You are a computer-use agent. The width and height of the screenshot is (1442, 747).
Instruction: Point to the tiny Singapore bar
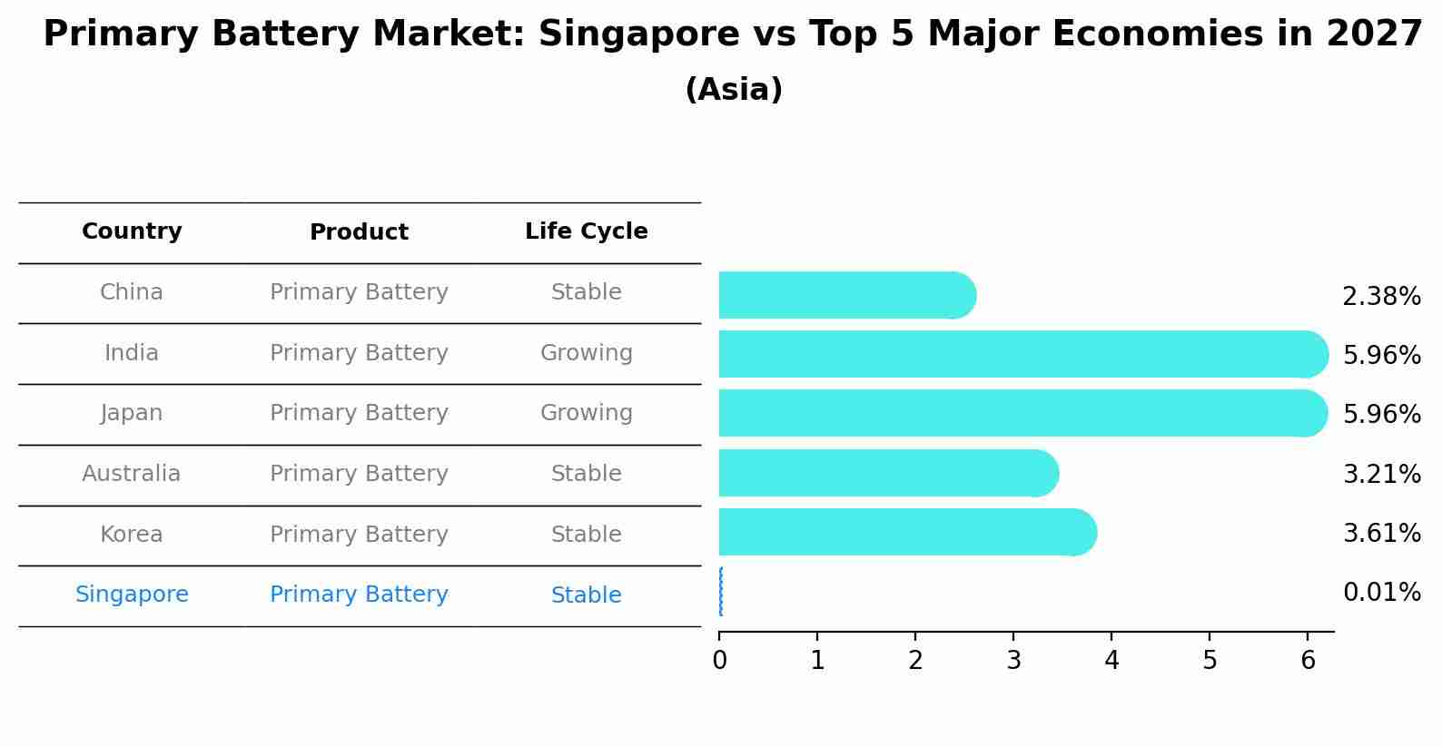coord(721,592)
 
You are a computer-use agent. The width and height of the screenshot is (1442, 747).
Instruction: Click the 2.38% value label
coord(1381,297)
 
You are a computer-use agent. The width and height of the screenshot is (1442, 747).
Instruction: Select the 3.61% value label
coord(1381,533)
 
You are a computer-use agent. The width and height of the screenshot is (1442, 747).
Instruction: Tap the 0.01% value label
coord(1381,593)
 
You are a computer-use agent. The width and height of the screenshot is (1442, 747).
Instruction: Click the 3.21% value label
coord(1381,474)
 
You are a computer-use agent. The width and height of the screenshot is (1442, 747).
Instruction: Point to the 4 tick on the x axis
coord(1111,660)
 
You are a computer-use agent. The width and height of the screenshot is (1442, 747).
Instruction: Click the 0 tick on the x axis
coord(720,660)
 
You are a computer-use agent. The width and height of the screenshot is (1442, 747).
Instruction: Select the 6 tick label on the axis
coord(1308,660)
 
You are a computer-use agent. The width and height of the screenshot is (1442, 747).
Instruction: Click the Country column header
coord(132,231)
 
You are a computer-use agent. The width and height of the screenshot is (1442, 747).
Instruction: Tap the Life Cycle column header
coord(586,231)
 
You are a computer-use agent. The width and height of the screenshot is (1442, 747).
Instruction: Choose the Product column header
coord(359,232)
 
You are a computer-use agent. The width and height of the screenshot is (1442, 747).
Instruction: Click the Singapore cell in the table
coord(132,595)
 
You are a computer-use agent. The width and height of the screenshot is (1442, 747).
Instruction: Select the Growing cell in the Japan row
coord(586,413)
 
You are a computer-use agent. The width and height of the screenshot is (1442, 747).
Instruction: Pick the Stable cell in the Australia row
coord(586,474)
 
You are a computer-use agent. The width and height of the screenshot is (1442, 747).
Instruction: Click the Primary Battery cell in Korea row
coord(359,535)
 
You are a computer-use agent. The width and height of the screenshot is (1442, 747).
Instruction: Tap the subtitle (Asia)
coord(734,90)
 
